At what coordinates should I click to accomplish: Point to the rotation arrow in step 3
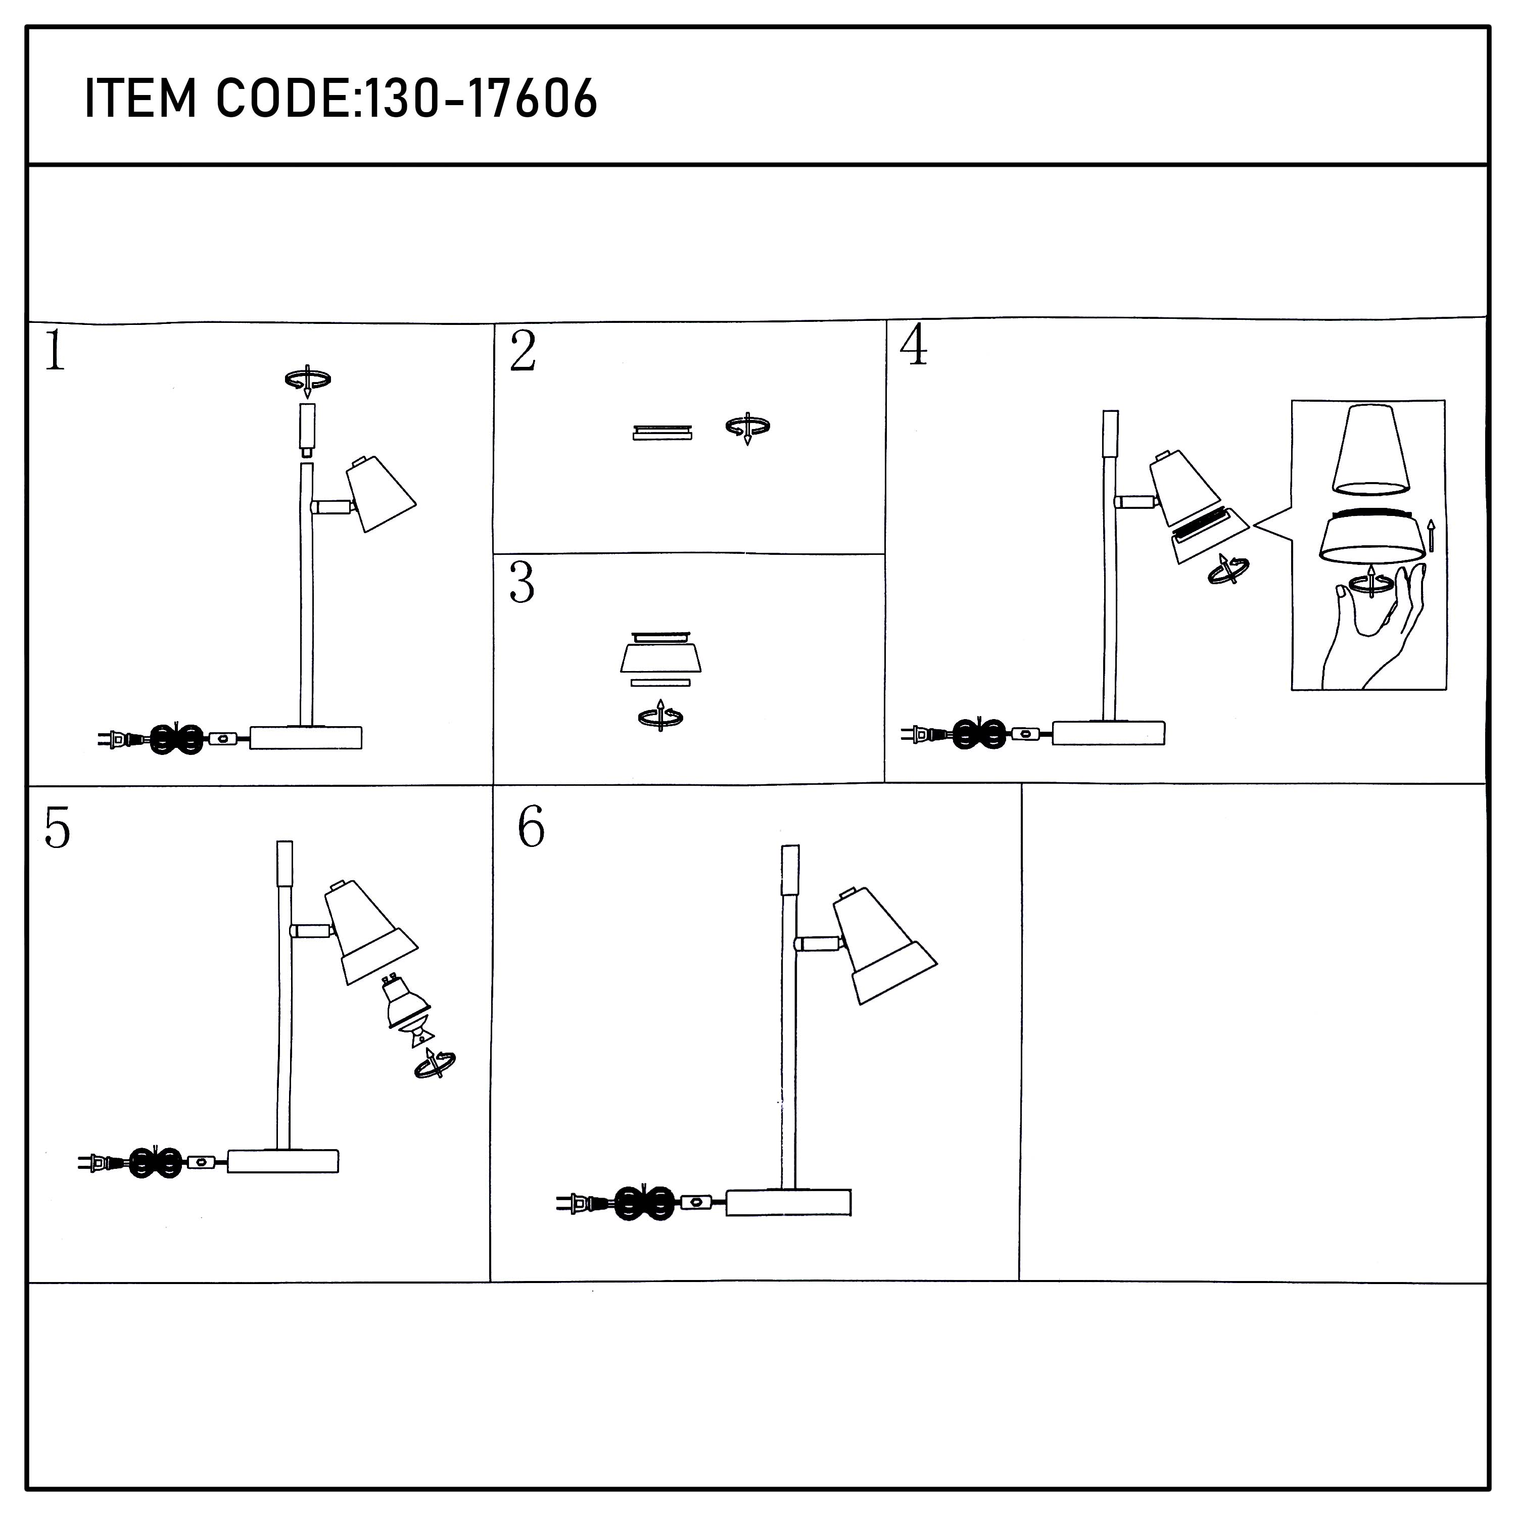(x=660, y=716)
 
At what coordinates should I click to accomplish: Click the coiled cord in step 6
(x=644, y=1202)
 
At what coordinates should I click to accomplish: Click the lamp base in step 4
(x=1108, y=732)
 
